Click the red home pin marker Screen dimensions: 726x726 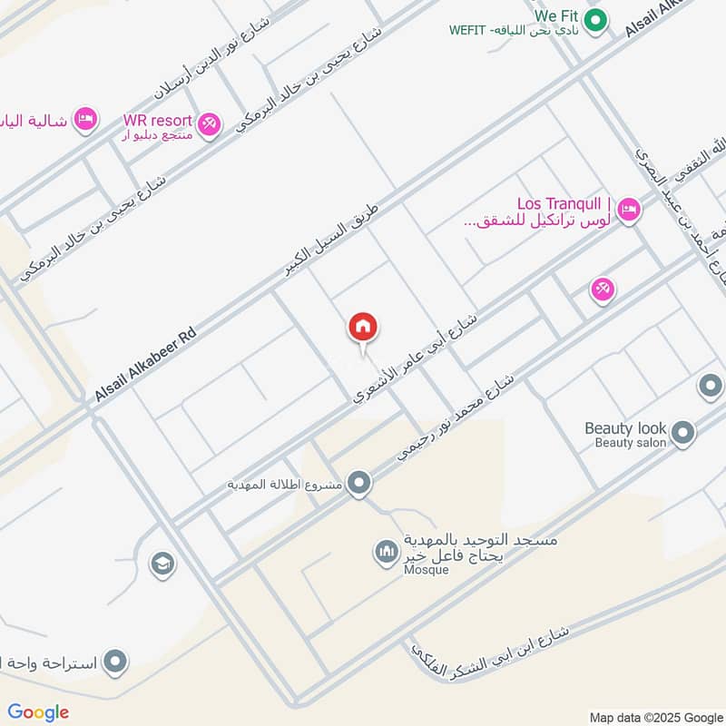pyautogui.click(x=363, y=328)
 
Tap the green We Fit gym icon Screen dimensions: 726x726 pyautogui.click(x=594, y=20)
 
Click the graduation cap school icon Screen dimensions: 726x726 pyautogui.click(x=163, y=564)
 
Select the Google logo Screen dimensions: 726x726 pyautogui.click(x=38, y=712)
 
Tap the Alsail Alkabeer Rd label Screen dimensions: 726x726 pyautogui.click(x=145, y=366)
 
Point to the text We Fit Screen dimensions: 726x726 pyautogui.click(x=556, y=15)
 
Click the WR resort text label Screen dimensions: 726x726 pyautogui.click(x=158, y=120)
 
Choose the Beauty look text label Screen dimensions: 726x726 pyautogui.click(x=625, y=428)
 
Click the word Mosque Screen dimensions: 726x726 pyautogui.click(x=427, y=570)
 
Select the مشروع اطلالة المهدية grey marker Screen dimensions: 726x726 pyautogui.click(x=360, y=484)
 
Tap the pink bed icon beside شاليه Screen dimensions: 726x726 pyautogui.click(x=84, y=119)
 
